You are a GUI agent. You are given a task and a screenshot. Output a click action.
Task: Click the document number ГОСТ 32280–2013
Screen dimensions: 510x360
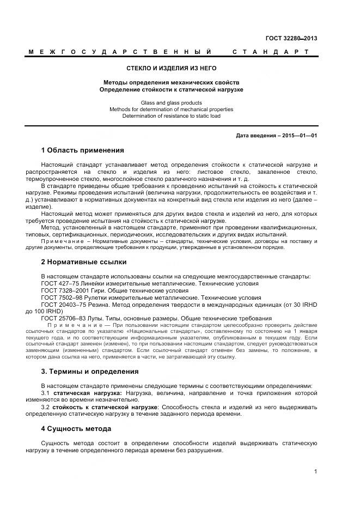(x=291, y=38)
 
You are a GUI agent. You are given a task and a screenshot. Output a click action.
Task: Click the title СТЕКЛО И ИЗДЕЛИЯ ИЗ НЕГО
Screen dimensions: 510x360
(x=172, y=69)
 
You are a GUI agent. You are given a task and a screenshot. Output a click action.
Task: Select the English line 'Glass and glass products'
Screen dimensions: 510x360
(x=172, y=102)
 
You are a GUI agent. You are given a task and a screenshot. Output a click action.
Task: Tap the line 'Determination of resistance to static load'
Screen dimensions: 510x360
(x=172, y=116)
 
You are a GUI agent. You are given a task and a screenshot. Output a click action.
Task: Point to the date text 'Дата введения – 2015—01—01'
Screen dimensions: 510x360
(x=277, y=135)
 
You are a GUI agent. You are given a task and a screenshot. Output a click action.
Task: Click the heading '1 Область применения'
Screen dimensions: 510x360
(x=82, y=150)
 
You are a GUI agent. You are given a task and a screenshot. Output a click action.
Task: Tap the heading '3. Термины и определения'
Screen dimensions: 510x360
(x=89, y=372)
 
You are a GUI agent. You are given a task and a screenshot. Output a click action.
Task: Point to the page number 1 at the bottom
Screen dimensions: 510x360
(x=315, y=472)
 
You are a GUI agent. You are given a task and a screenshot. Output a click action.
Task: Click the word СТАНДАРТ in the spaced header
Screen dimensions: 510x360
(x=271, y=52)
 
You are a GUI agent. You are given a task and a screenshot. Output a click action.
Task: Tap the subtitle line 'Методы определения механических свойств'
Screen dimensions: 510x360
(x=172, y=82)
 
